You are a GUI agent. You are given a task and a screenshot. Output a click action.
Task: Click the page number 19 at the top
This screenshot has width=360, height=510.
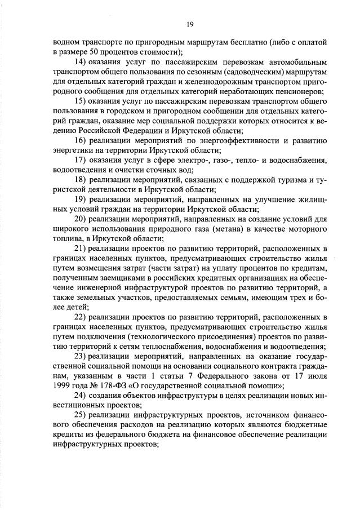click(x=190, y=24)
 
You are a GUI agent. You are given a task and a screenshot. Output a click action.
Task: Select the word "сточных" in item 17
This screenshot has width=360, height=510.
click(x=161, y=171)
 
